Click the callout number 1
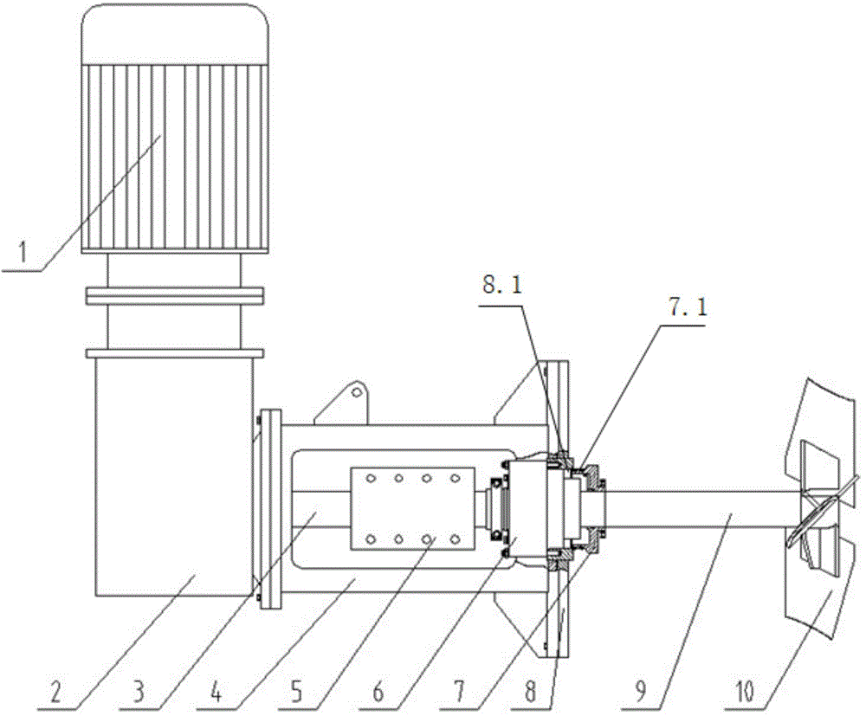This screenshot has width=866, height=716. pyautogui.click(x=23, y=254)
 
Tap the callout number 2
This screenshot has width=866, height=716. pyautogui.click(x=56, y=692)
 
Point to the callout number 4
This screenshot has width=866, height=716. pyautogui.click(x=217, y=692)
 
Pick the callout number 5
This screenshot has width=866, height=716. pyautogui.click(x=297, y=692)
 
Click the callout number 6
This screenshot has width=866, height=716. pyautogui.click(x=378, y=692)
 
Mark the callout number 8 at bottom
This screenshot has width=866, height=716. pyautogui.click(x=531, y=692)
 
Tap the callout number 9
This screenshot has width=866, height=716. pyautogui.click(x=641, y=692)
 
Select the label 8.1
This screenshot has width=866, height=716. pyautogui.click(x=501, y=285)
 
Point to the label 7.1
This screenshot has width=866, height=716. pyautogui.click(x=688, y=308)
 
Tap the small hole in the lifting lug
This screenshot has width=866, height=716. pyautogui.click(x=356, y=392)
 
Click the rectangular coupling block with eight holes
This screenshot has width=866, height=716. pyautogui.click(x=412, y=508)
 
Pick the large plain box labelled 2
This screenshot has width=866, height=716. pyautogui.click(x=174, y=476)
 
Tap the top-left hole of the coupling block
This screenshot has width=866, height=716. pyautogui.click(x=371, y=478)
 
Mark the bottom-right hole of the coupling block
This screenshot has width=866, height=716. pyautogui.click(x=455, y=539)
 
